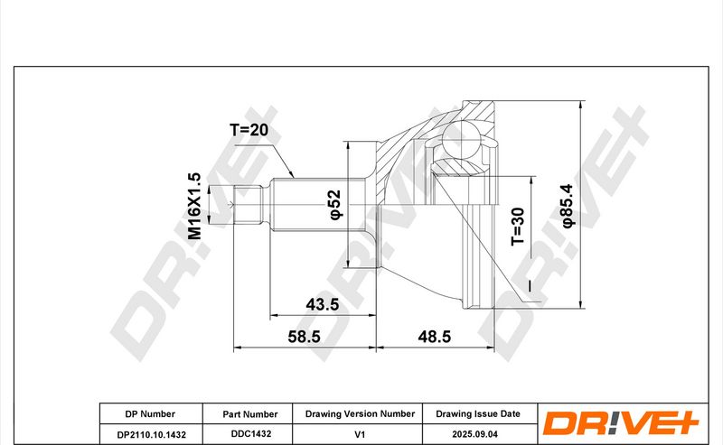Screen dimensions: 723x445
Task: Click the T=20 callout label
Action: pos(249,130)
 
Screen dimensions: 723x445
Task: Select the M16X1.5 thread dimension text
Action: pos(194,206)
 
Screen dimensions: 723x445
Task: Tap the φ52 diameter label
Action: pos(335,204)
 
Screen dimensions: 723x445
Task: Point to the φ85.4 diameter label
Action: pos(568,206)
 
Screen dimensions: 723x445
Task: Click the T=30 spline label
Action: pos(517,227)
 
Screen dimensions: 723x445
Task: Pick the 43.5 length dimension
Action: pos(323,304)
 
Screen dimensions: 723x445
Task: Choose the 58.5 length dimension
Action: pos(304,337)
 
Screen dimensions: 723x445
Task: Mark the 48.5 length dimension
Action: pos(434,337)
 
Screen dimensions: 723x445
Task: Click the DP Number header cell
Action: pos(150,413)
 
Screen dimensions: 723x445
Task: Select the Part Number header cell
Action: pos(250,414)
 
